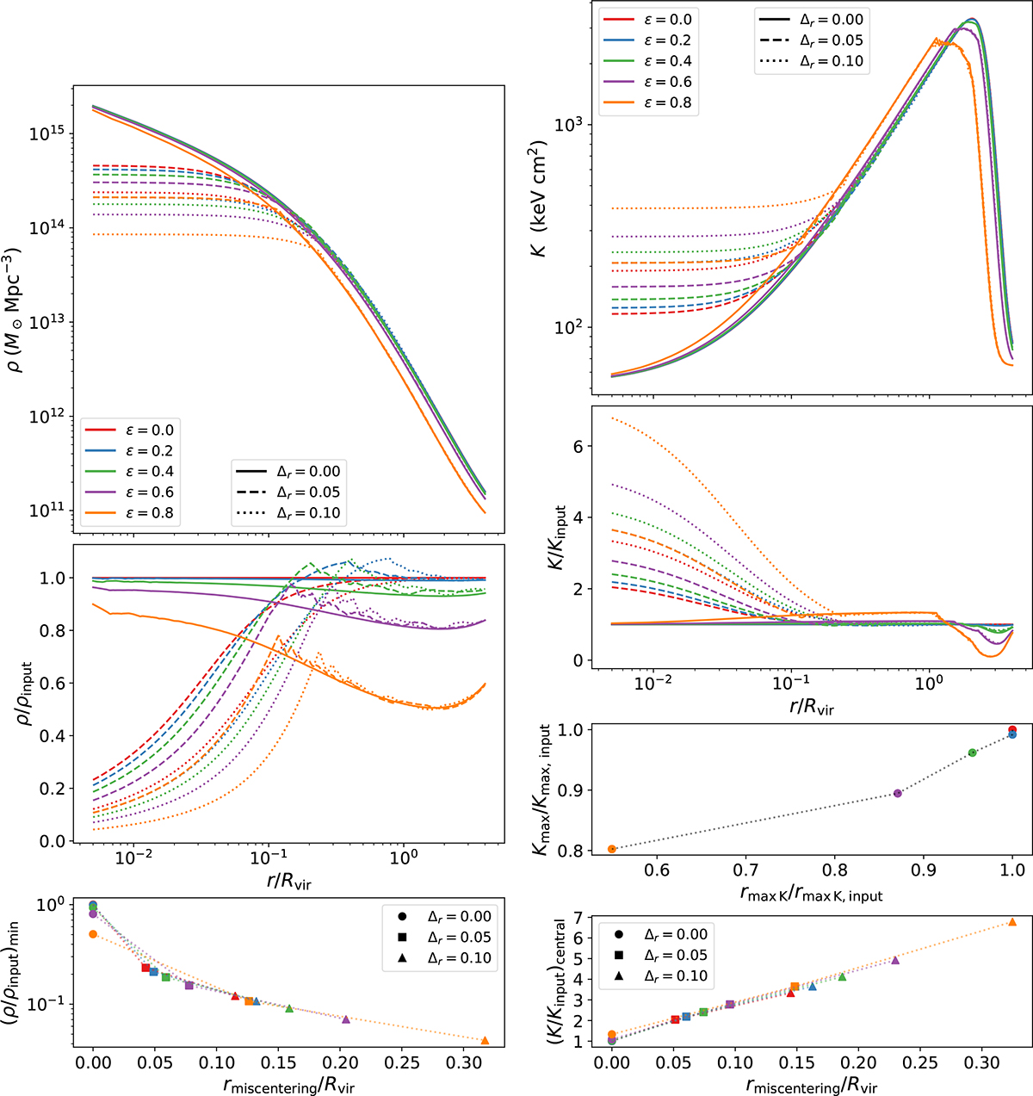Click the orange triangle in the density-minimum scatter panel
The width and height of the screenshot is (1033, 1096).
pos(485,1040)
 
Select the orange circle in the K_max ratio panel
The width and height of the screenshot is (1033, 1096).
pos(611,849)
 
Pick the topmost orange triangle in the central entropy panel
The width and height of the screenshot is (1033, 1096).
pos(1011,922)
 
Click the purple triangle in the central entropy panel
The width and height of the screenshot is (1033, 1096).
pos(895,960)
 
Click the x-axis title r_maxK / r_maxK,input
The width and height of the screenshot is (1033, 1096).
pos(811,895)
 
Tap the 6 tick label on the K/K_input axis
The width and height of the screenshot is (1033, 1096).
pos(578,446)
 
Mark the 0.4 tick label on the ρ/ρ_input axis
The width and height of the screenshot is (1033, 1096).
pos(51,736)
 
